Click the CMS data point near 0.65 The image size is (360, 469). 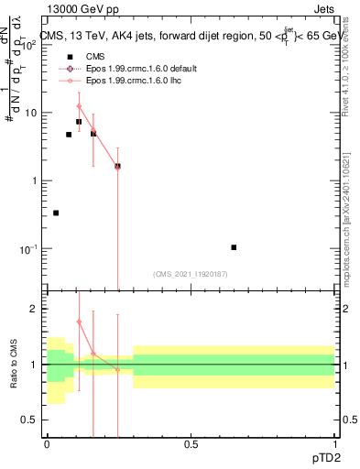(234, 247)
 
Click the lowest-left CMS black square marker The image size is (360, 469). (56, 213)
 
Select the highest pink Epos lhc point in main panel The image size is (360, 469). (79, 106)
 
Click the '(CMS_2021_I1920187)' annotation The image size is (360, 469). (190, 273)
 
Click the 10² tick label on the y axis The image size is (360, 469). (29, 46)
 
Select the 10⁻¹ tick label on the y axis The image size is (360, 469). (29, 248)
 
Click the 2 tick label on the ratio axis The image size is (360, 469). (35, 310)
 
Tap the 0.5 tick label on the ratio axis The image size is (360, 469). (30, 420)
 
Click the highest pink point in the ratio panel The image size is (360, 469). (79, 322)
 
